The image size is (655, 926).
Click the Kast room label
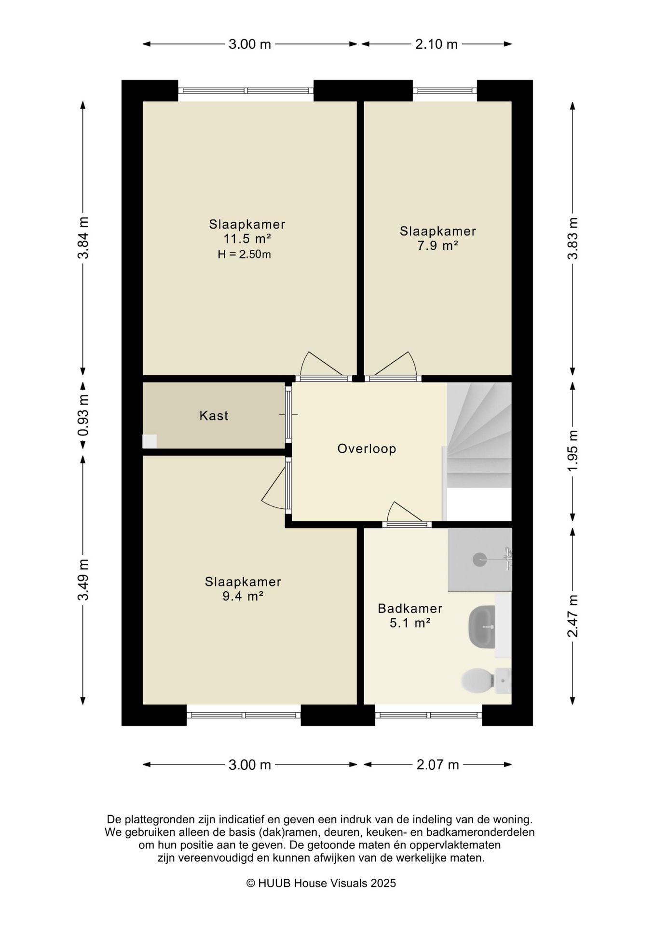click(x=214, y=416)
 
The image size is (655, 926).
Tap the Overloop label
click(x=367, y=449)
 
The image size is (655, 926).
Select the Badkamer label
click(x=410, y=609)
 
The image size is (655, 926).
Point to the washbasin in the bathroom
click(x=482, y=627)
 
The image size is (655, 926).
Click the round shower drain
click(x=479, y=559)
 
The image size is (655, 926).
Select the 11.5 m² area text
click(x=247, y=239)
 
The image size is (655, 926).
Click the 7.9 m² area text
click(x=437, y=245)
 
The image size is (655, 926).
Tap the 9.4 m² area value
click(x=243, y=597)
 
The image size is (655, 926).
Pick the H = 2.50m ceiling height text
click(x=244, y=255)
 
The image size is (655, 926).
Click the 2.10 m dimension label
click(x=437, y=44)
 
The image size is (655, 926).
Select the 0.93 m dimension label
click(x=83, y=416)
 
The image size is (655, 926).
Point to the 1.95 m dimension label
click(x=573, y=452)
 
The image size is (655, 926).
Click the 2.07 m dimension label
click(x=437, y=765)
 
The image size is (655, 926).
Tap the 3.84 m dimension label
click(x=83, y=238)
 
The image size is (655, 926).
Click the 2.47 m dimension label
click(x=573, y=616)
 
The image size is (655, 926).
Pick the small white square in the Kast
click(x=150, y=442)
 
